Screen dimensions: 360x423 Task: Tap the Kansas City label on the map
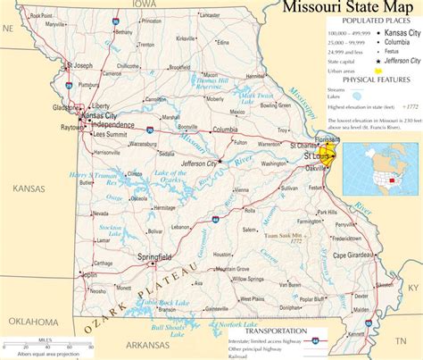coord(98,116)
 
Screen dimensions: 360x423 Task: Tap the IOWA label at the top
coord(145,4)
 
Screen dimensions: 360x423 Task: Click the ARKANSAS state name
coord(148,344)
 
